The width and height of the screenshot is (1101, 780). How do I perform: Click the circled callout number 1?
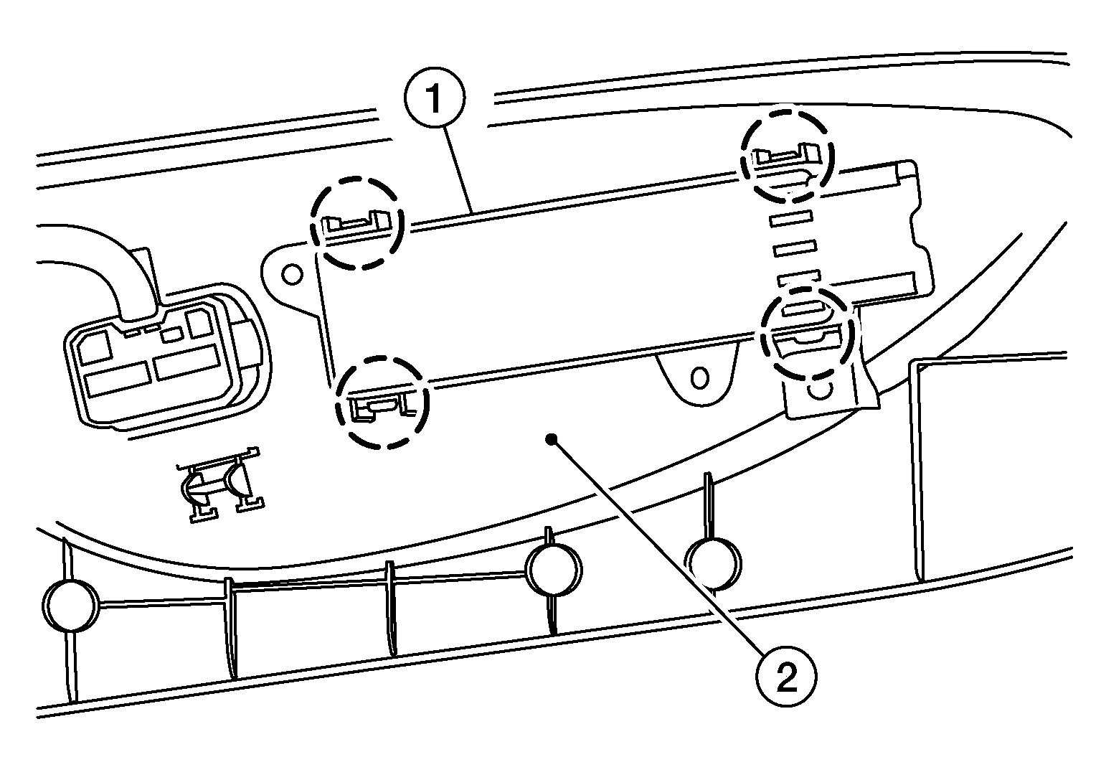click(x=434, y=98)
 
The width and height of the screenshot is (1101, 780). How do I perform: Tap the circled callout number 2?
click(x=786, y=677)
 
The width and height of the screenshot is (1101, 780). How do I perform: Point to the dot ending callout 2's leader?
click(x=552, y=438)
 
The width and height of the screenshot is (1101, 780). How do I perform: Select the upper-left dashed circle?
click(x=357, y=222)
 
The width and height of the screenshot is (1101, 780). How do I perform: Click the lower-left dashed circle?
click(x=382, y=403)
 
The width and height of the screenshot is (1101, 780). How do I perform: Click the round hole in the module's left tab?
click(x=292, y=275)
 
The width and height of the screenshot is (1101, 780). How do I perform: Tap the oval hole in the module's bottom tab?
click(x=699, y=377)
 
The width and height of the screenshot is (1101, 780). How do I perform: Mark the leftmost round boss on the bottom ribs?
click(x=71, y=604)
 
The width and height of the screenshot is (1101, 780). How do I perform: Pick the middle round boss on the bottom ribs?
click(x=553, y=570)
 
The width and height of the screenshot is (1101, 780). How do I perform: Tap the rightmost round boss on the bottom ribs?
click(x=713, y=563)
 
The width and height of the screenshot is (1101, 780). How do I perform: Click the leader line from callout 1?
click(x=459, y=168)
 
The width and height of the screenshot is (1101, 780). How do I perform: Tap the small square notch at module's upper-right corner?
click(x=906, y=171)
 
